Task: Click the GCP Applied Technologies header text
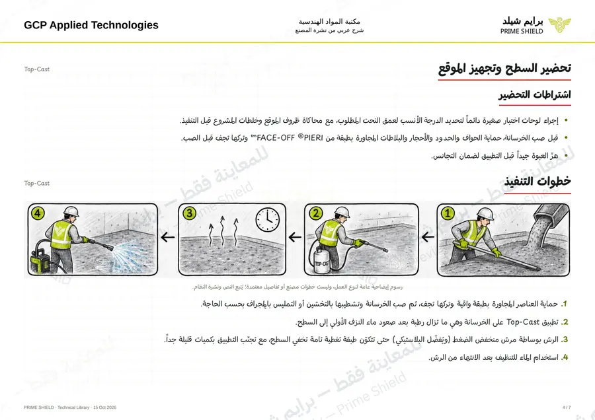91,25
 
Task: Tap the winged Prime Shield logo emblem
559,25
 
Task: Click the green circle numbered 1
448,213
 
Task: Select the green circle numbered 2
316,213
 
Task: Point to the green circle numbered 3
190,213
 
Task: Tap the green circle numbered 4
38,213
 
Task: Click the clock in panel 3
268,219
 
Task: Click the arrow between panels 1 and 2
428,237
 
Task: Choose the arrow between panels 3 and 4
168,237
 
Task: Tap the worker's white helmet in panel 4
71,211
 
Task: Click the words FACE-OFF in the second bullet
276,138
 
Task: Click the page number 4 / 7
567,407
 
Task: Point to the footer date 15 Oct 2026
104,407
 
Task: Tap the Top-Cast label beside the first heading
37,69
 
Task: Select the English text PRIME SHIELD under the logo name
522,32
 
